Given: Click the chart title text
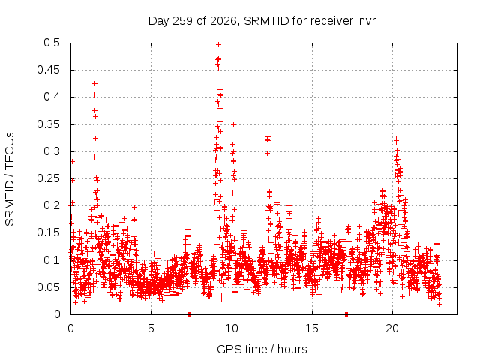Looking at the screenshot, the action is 262,21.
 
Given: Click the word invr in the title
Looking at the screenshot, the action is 366,21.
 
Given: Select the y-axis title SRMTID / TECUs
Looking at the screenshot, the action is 10,179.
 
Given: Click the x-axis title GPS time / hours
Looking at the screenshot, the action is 262,349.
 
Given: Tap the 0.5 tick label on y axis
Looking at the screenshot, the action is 52,43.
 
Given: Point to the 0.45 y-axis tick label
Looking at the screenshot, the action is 49,70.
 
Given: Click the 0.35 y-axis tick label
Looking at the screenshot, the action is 49,124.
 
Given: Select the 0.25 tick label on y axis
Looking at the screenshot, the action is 49,178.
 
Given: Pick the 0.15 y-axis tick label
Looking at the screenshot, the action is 49,232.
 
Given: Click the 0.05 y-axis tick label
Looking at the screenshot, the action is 49,287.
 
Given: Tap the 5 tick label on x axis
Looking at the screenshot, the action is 151,328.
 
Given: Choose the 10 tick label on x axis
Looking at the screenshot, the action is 232,328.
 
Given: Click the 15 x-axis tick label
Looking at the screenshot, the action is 312,328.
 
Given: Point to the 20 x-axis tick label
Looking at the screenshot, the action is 392,328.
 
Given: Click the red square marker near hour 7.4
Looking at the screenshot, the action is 190,314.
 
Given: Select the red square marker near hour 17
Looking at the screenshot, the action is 346,314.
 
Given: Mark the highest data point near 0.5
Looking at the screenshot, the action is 218,45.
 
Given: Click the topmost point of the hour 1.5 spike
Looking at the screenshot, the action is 95,83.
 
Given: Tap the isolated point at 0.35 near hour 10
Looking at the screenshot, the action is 233,125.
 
